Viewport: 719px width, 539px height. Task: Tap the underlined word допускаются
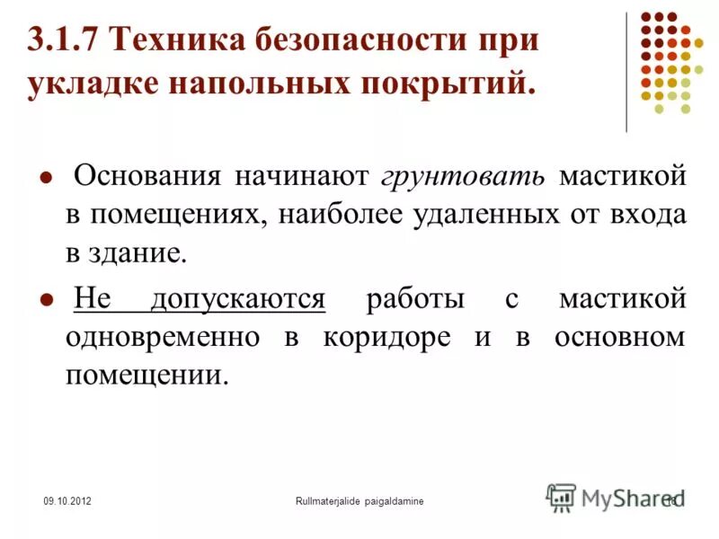tap(237, 298)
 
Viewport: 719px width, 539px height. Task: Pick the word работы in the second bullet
tap(415, 298)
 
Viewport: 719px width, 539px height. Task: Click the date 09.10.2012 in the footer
tap(67, 499)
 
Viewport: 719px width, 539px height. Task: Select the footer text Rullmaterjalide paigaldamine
tap(359, 499)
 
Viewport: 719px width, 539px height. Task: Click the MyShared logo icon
tap(562, 497)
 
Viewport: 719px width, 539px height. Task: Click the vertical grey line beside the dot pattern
tap(627, 72)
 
